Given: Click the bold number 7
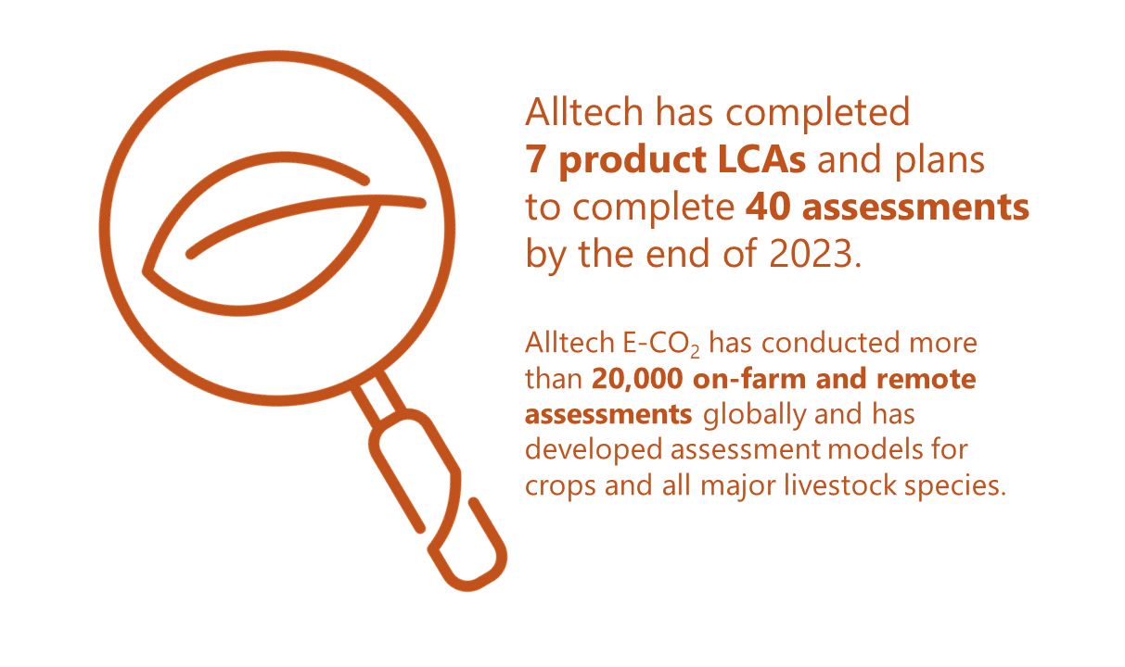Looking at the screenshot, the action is pos(536,159).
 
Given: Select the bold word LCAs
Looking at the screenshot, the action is pos(761,159).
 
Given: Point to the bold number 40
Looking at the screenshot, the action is pos(766,208).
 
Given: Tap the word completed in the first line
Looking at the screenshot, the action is pos(818,113).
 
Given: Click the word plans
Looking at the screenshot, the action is pos(940,162).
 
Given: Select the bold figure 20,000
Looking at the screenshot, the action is pos(637,379).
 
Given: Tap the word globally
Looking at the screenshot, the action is pos(753,416).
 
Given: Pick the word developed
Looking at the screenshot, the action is pos(594,450).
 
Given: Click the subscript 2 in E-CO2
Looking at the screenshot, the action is pos(695,352).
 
